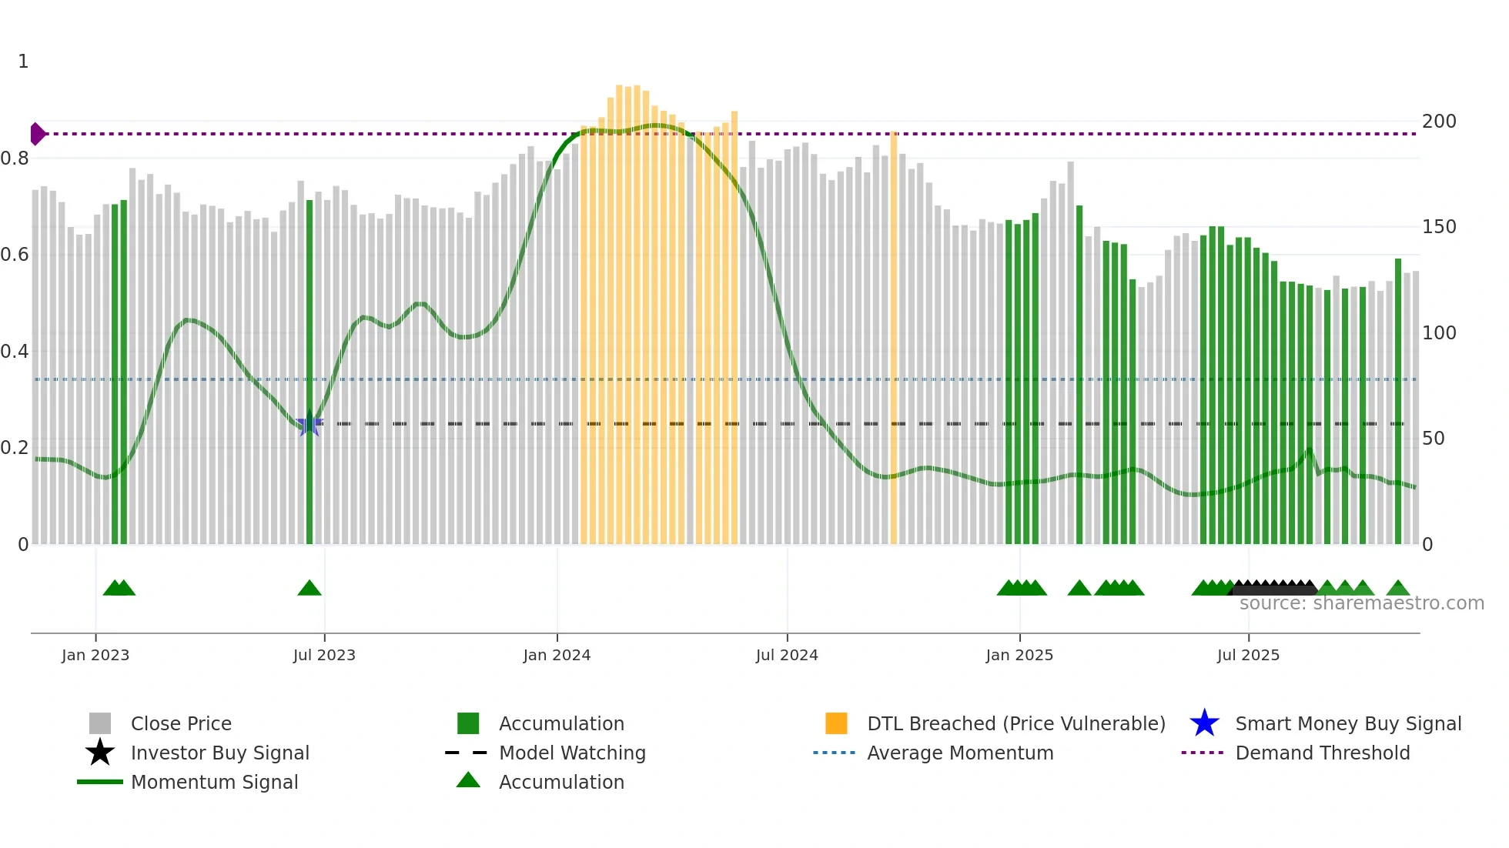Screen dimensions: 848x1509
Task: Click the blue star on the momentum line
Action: [x=309, y=423]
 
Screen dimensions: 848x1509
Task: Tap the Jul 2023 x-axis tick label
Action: [x=324, y=655]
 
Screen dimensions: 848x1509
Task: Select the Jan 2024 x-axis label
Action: [x=557, y=655]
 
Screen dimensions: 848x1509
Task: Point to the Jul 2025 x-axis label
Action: [x=1248, y=655]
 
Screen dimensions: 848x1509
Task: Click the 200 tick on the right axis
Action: [x=1439, y=122]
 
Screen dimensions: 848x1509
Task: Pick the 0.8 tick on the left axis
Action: [x=15, y=159]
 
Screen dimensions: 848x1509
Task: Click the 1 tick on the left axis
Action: [x=23, y=62]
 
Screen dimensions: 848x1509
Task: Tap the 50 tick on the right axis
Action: [x=1434, y=439]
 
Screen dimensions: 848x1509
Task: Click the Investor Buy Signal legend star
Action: [x=100, y=753]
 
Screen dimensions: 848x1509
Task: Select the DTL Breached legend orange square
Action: [x=836, y=723]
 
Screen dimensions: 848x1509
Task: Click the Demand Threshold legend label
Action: [x=1322, y=753]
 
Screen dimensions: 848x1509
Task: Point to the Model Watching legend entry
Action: [x=571, y=753]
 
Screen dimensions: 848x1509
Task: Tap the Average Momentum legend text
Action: [x=960, y=753]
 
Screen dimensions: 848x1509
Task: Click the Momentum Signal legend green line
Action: [x=100, y=782]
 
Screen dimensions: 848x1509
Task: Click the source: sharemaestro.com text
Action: [x=1361, y=603]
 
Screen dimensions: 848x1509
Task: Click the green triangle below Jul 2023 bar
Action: [x=309, y=589]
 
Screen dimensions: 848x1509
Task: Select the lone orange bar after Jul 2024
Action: [x=894, y=339]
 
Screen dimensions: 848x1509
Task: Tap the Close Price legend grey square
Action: [x=100, y=723]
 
